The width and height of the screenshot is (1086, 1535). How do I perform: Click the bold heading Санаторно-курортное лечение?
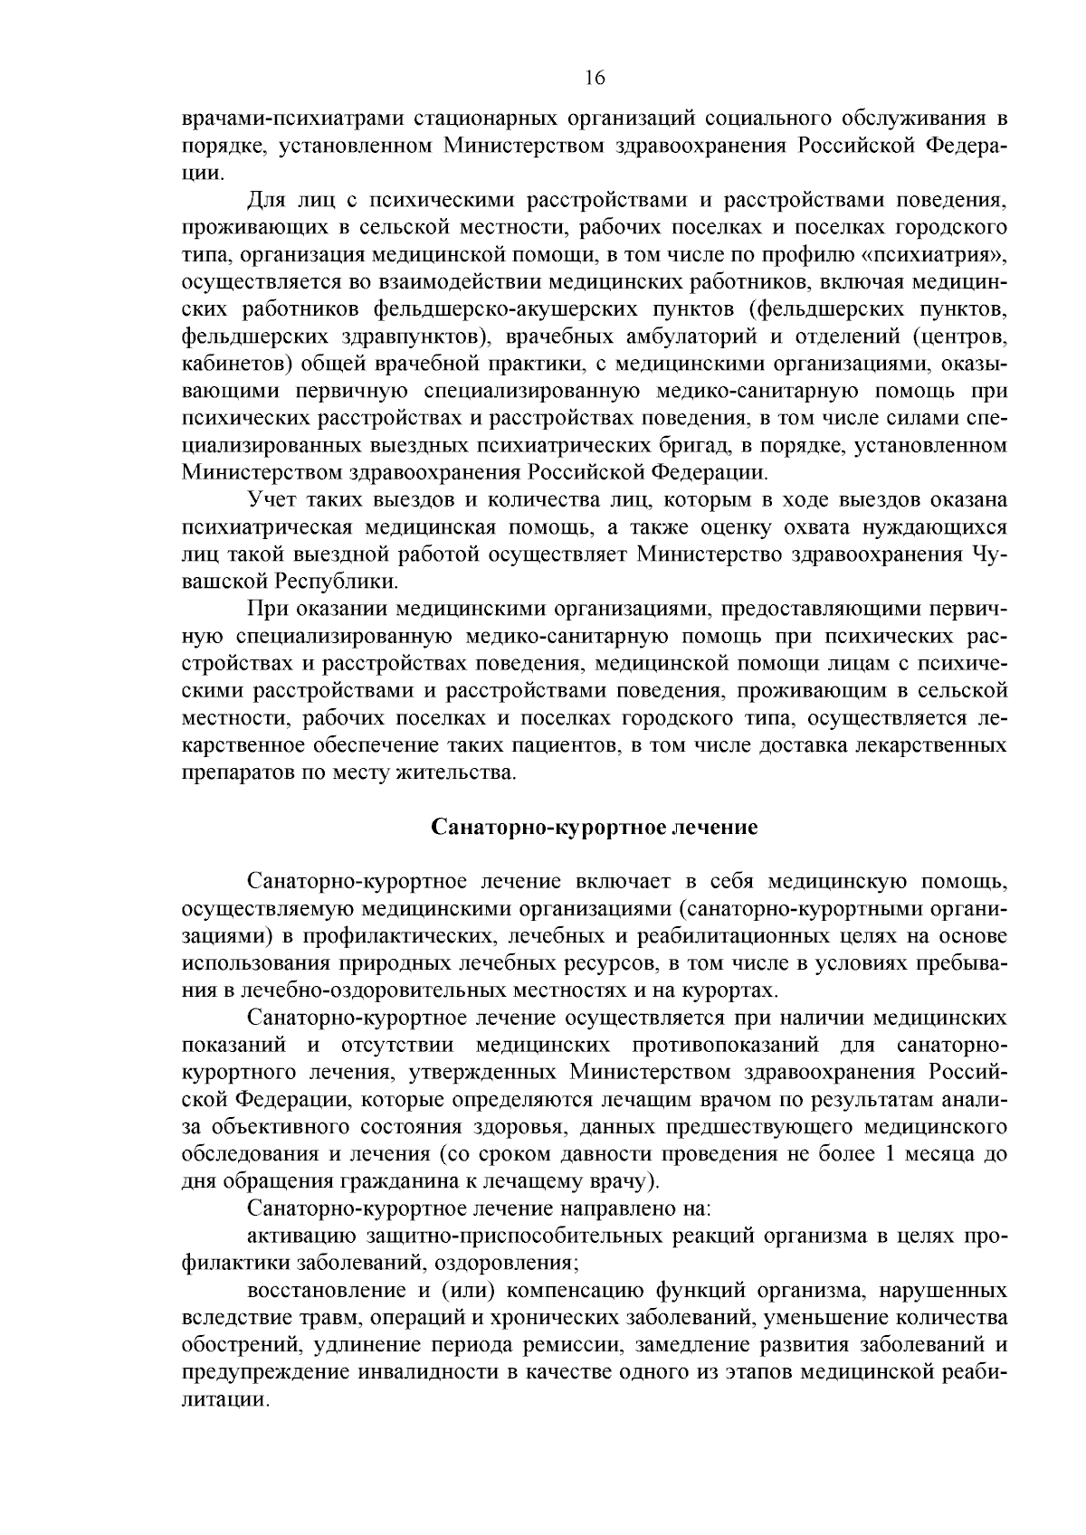point(594,827)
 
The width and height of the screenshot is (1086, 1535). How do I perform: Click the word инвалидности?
point(430,1371)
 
